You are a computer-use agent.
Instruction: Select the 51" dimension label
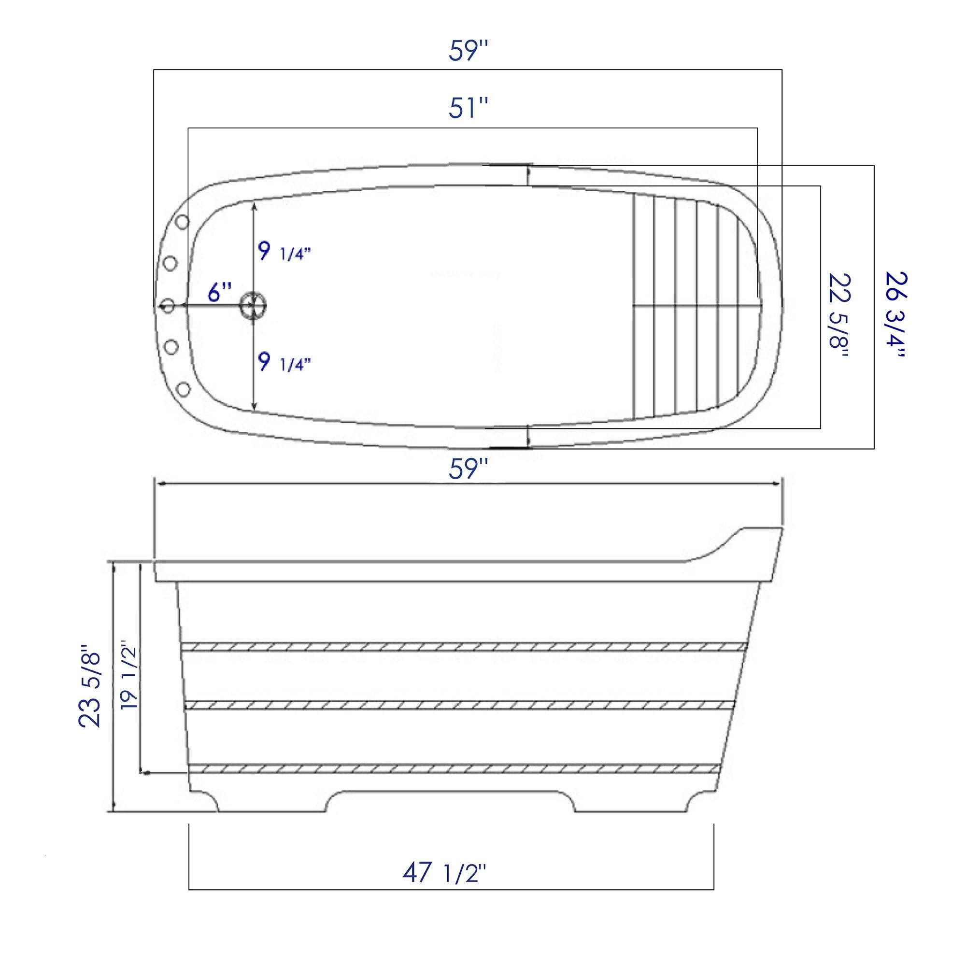click(468, 109)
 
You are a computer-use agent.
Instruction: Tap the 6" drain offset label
click(220, 293)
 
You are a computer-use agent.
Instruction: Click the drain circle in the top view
click(255, 304)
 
